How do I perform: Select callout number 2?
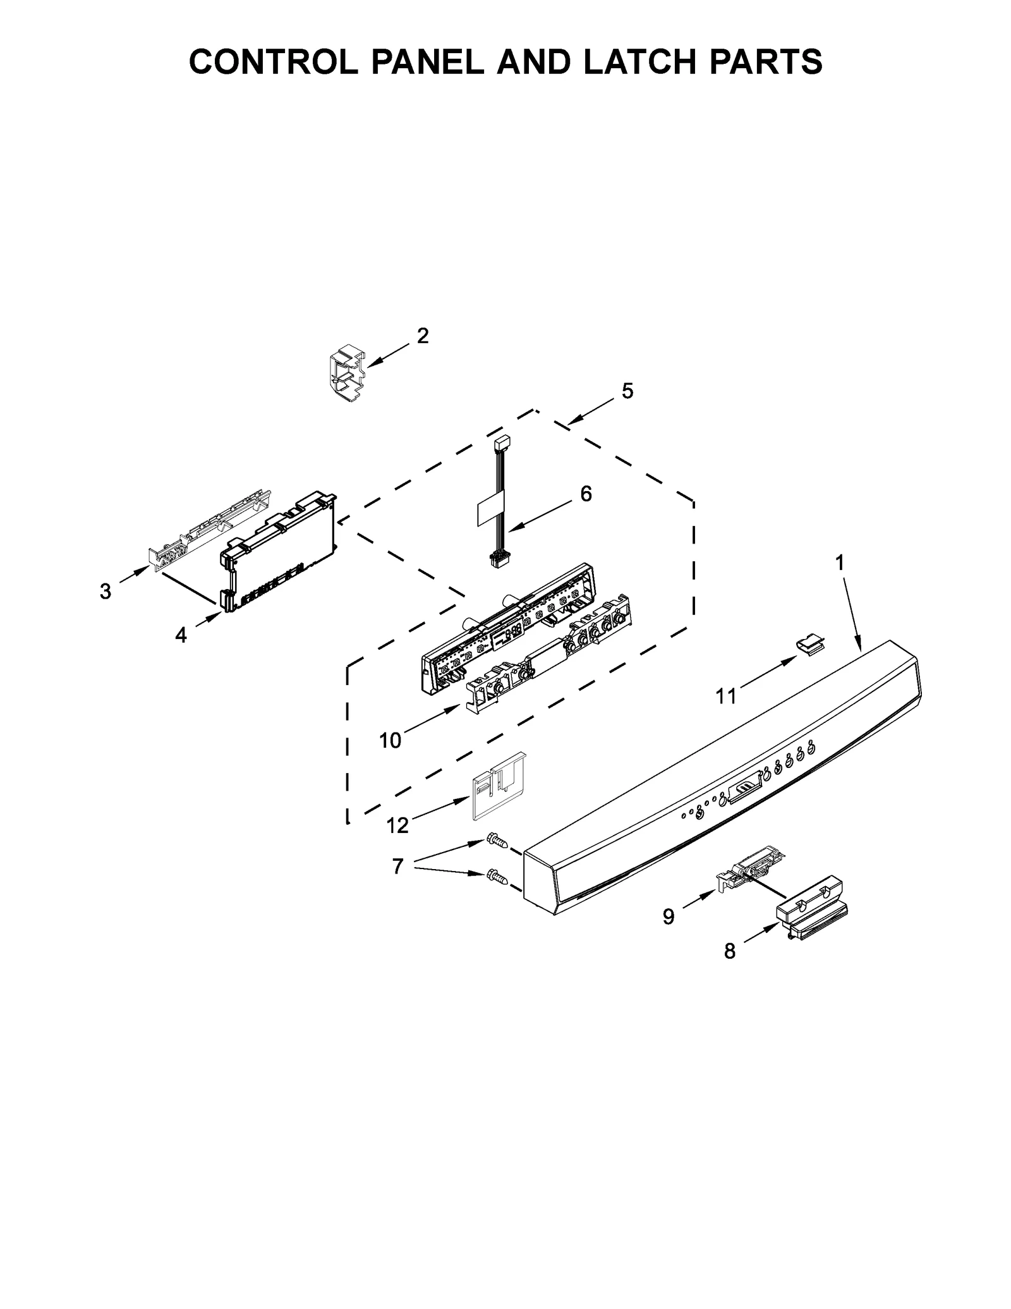point(423,336)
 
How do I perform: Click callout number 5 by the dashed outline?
point(627,391)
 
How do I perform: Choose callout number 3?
point(106,592)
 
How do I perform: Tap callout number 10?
point(390,740)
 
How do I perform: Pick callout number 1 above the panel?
point(840,563)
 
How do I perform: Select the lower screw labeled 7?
point(496,877)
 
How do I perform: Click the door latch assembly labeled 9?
point(752,868)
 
